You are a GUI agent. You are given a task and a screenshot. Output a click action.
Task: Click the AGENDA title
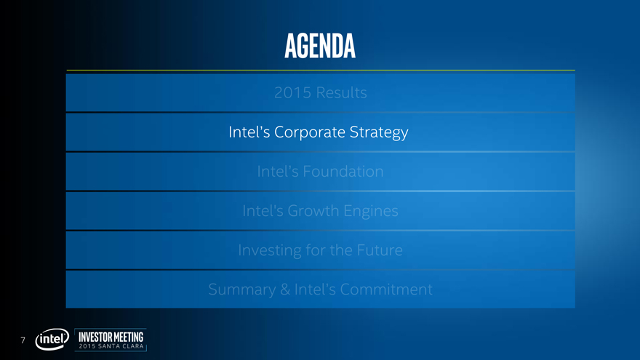[x=320, y=45]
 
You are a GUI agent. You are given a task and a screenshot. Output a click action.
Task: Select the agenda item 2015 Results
[x=321, y=92]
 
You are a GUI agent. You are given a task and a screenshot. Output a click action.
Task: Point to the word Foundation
[x=343, y=172]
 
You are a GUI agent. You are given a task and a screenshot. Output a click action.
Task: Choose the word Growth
[x=313, y=211]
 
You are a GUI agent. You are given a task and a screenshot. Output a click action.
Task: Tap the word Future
[x=380, y=250]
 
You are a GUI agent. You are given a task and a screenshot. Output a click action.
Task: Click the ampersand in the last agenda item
[x=285, y=289]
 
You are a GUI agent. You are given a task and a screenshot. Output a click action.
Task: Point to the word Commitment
[x=386, y=289]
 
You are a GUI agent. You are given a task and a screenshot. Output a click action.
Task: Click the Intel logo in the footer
[x=52, y=340]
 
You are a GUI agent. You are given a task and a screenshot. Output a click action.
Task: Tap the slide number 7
[x=23, y=340]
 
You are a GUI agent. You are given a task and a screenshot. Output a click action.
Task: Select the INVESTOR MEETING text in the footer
[x=111, y=337]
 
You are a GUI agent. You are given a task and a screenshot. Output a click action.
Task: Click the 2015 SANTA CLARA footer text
[x=111, y=346]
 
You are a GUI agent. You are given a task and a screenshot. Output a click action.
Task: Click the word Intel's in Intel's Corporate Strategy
[x=249, y=132]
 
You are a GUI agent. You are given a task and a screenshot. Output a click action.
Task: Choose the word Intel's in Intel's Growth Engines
[x=263, y=211]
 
